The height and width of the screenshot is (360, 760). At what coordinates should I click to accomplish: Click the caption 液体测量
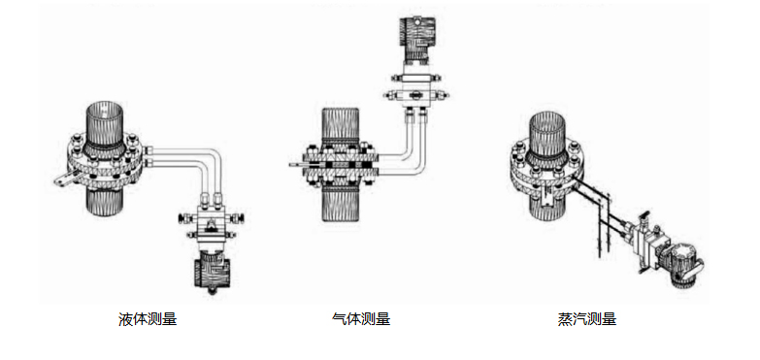coord(148,319)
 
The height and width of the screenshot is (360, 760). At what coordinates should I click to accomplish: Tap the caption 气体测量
coord(361,319)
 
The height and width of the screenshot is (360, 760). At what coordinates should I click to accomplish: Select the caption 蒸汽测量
coord(587,319)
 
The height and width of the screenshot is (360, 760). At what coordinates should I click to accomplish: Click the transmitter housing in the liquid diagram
coord(212,273)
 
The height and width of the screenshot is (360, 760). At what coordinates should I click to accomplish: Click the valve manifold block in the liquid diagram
coord(211,223)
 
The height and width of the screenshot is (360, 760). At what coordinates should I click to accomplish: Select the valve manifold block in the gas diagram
coord(413,87)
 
